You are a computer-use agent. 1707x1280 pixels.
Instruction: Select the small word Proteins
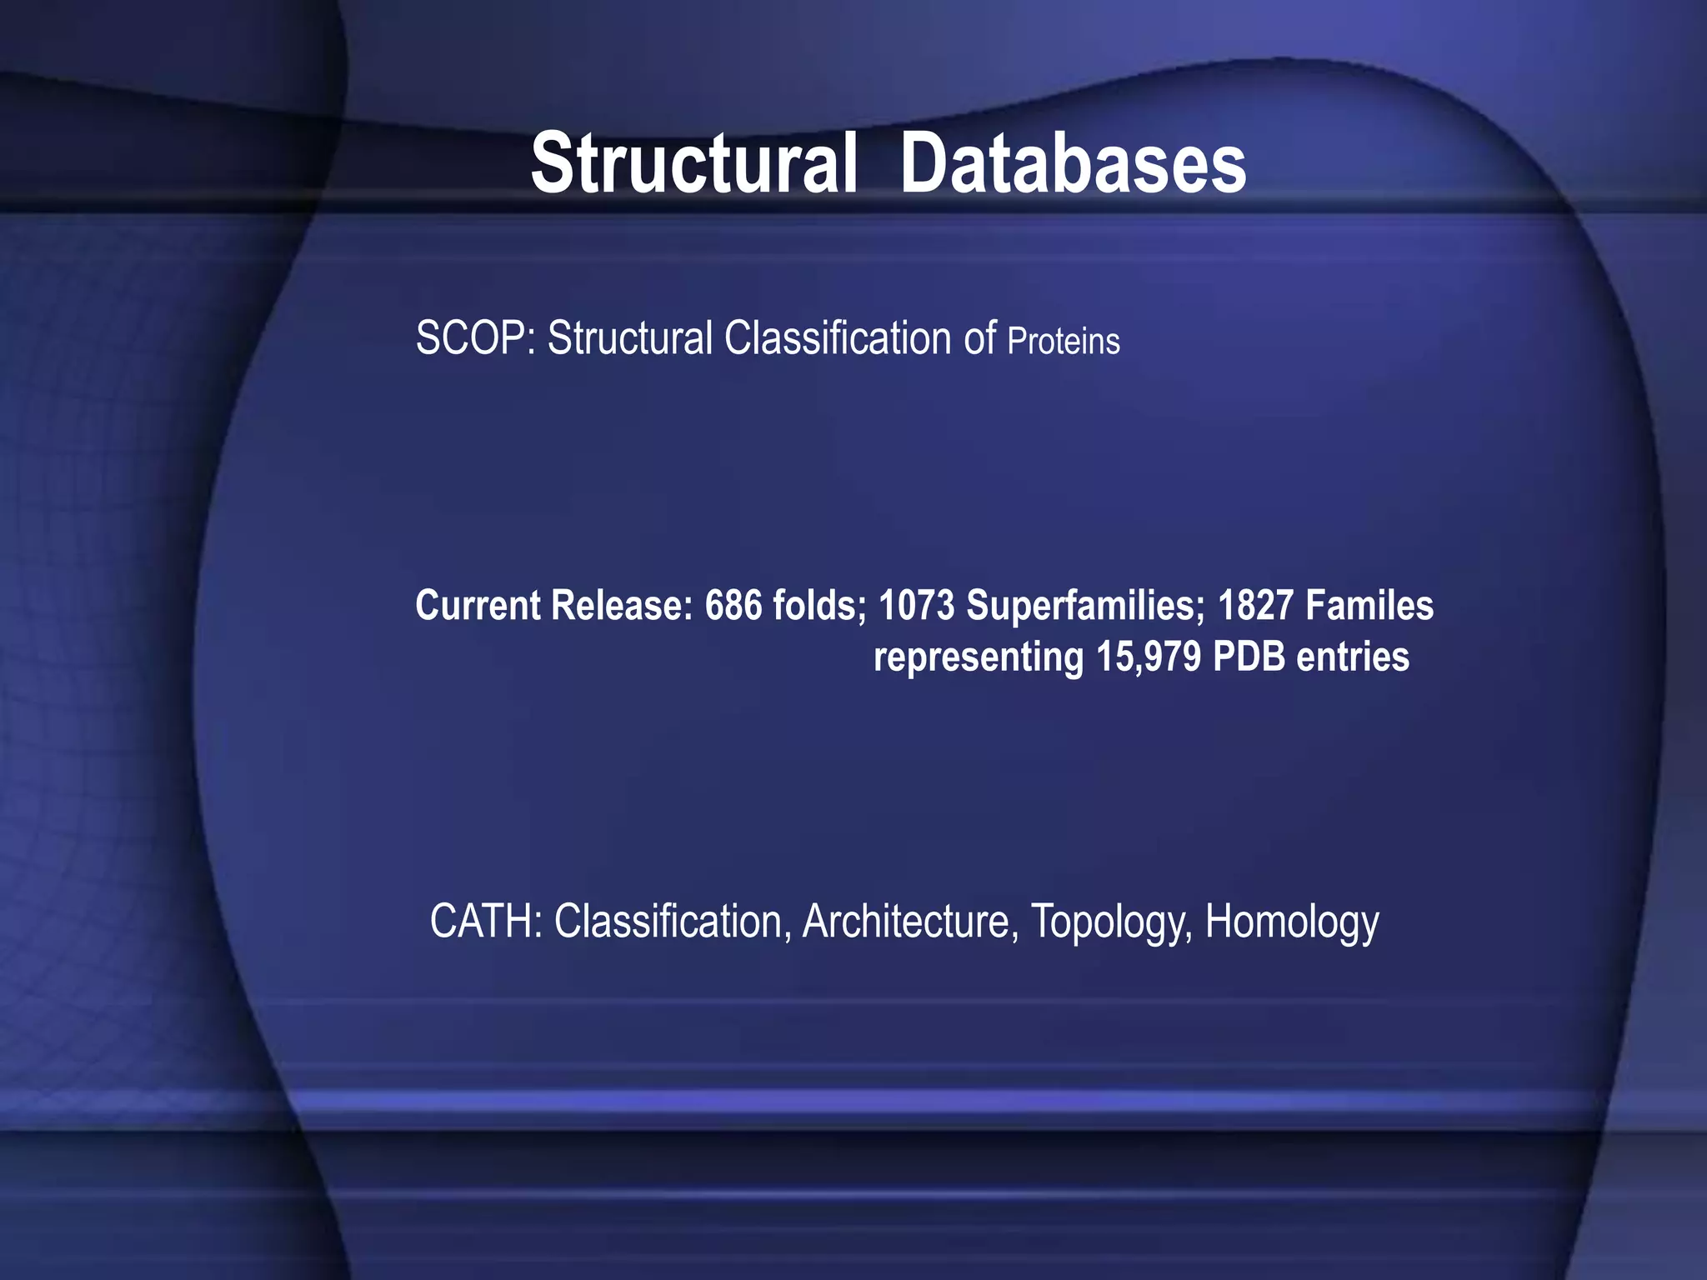tap(1064, 342)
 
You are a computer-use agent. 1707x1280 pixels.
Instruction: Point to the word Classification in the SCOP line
tap(837, 339)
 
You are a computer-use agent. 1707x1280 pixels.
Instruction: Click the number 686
tap(733, 606)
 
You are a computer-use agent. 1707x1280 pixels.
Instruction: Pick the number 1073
tap(917, 606)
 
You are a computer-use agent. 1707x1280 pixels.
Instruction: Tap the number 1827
tap(1255, 606)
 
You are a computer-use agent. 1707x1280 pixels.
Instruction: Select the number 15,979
tap(1149, 657)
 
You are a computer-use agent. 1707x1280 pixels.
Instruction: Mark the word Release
tap(622, 606)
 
